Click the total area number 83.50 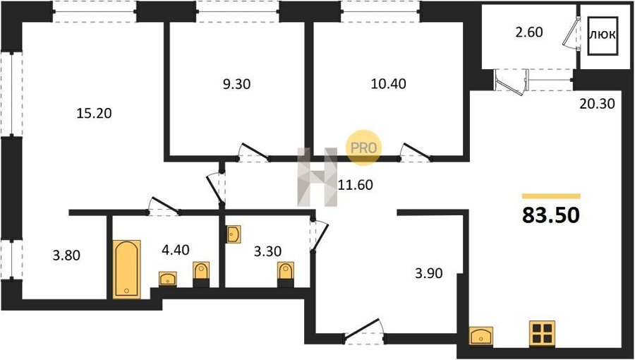click(551, 215)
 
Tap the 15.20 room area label click(94, 114)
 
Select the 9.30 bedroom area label click(236, 84)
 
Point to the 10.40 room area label click(388, 84)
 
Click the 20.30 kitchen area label click(598, 104)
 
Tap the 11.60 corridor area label click(355, 186)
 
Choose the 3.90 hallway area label click(428, 273)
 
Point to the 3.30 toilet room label click(267, 251)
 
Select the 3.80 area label click(66, 256)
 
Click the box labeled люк click(603, 35)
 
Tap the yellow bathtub click(127, 269)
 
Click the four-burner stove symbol click(542, 334)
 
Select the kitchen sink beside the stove click(481, 336)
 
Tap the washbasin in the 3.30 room click(234, 234)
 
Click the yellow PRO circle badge click(363, 148)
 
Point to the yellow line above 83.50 click(551, 196)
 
